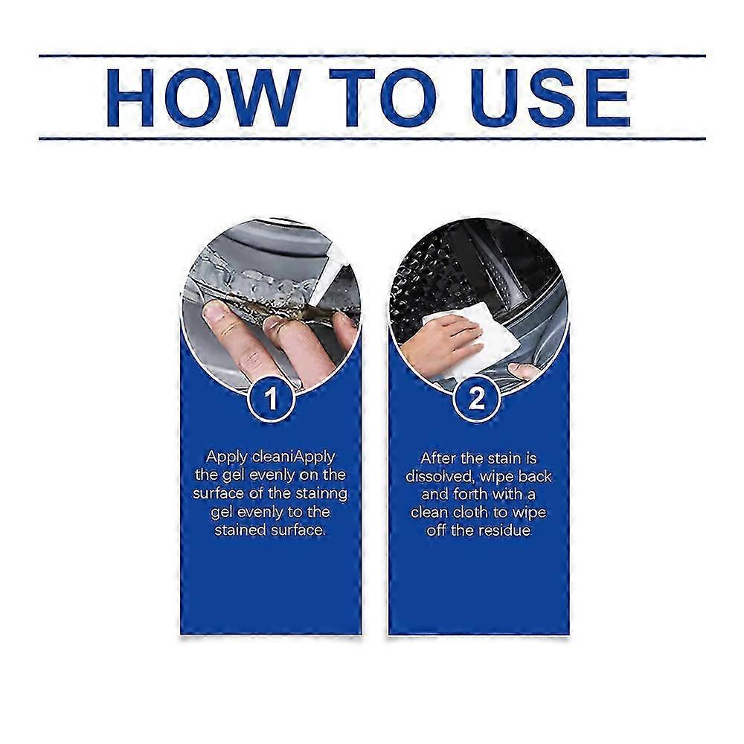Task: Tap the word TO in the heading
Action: (382, 97)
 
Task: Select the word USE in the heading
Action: (551, 97)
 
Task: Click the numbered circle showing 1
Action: (271, 399)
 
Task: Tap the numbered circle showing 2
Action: (477, 399)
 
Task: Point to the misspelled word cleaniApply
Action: (294, 458)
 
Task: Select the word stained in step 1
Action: (240, 530)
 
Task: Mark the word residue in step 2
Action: (504, 530)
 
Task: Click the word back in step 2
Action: (535, 476)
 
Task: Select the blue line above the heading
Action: (372, 56)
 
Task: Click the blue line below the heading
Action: (372, 138)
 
